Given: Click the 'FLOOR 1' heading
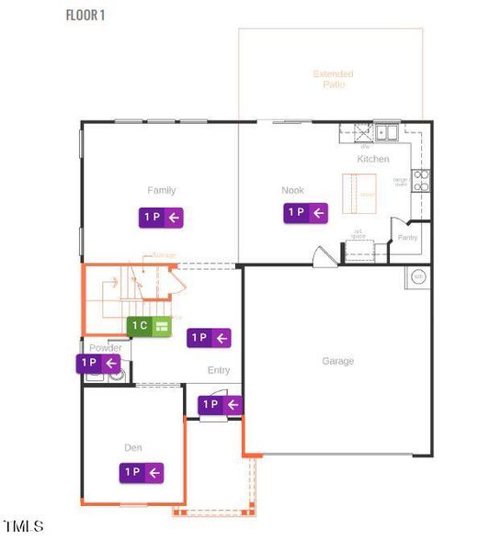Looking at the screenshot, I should pos(85,15).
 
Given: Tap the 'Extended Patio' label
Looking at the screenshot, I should pos(333,79).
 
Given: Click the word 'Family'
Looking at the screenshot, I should pos(162,191).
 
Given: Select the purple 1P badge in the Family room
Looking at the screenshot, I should pos(162,218).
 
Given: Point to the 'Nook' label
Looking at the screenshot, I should pos(292,191).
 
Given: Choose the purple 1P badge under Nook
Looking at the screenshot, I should pos(305,213).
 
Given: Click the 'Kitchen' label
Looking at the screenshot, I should pos(373,159).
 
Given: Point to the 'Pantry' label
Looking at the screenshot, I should pos(407,237).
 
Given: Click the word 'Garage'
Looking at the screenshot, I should pos(337,361).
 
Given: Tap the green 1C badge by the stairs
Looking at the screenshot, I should pos(150,326).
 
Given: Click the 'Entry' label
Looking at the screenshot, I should pos(219,370).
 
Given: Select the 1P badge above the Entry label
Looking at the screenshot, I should pos(210,338).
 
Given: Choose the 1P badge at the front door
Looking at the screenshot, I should pos(221,404).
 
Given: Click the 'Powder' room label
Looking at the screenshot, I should pos(106,348).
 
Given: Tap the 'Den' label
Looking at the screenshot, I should pos(133,448).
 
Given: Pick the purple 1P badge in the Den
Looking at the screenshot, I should pos(142,472).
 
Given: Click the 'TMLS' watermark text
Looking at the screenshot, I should pos(23,526).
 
